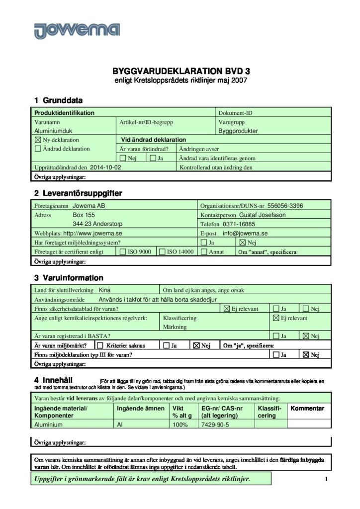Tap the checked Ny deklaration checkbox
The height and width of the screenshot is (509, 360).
[x=38, y=140]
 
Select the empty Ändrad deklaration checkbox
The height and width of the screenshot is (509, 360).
[x=38, y=149]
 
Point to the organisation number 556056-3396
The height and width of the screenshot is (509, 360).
[x=285, y=205]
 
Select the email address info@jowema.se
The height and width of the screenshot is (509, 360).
[x=245, y=233]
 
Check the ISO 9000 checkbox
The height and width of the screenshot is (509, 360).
[x=123, y=252]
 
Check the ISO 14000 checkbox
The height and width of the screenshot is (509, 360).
[x=162, y=252]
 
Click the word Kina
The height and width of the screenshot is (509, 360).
[x=104, y=290]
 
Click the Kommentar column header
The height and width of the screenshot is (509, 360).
[x=307, y=408]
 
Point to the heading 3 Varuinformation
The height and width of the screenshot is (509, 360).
[x=69, y=278]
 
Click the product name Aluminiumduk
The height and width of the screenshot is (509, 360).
[x=53, y=131]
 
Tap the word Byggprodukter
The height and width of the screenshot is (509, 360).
[x=238, y=131]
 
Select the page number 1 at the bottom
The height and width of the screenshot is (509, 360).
[x=326, y=479]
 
